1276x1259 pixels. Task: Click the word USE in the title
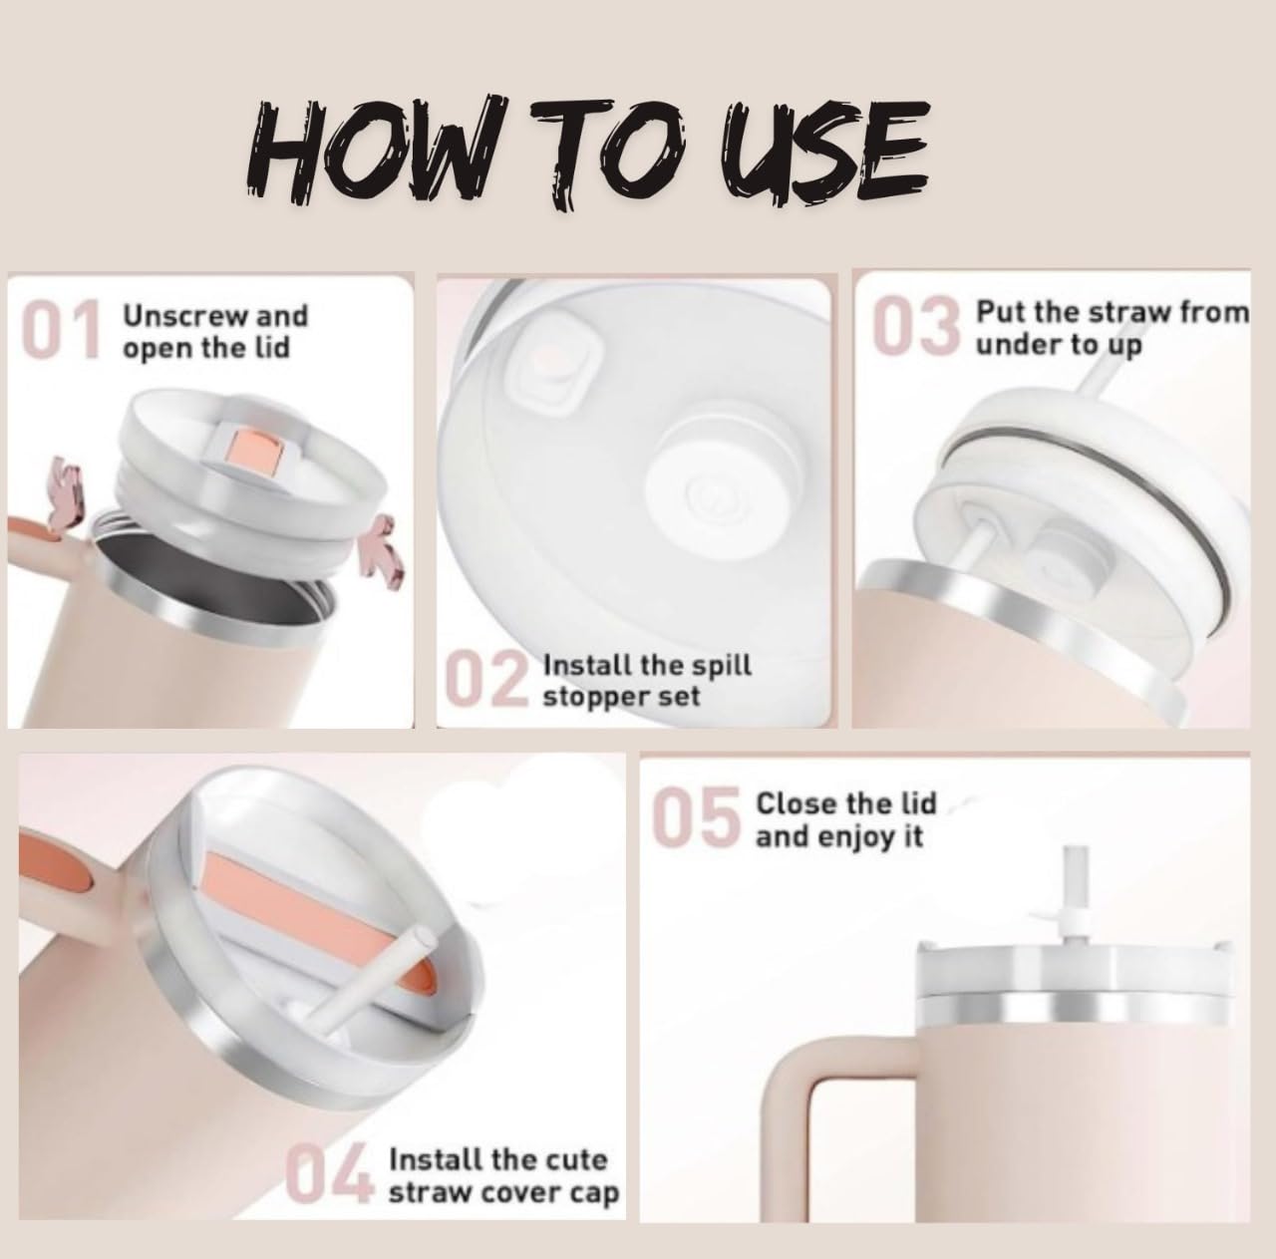coord(825,152)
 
